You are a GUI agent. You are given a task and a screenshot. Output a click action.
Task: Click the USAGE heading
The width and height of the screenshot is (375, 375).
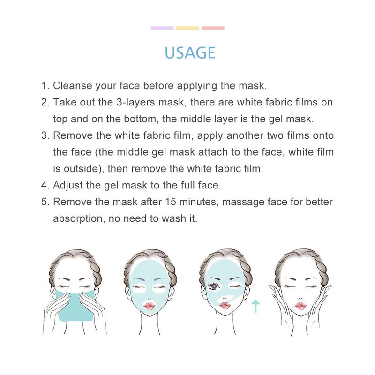click(x=190, y=52)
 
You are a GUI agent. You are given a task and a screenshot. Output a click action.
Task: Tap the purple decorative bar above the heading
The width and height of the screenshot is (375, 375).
click(x=162, y=28)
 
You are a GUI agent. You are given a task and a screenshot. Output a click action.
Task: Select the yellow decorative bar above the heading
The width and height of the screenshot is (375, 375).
click(x=187, y=28)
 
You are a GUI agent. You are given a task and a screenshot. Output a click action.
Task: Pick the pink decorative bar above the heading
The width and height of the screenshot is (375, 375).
click(x=213, y=28)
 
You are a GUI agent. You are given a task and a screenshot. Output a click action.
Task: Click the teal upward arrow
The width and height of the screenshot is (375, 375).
click(x=255, y=307)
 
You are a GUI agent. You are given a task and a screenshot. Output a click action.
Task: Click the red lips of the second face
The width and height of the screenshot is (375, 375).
click(x=150, y=306)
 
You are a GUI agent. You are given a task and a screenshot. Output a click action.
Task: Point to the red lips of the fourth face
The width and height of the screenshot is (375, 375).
click(x=300, y=305)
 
